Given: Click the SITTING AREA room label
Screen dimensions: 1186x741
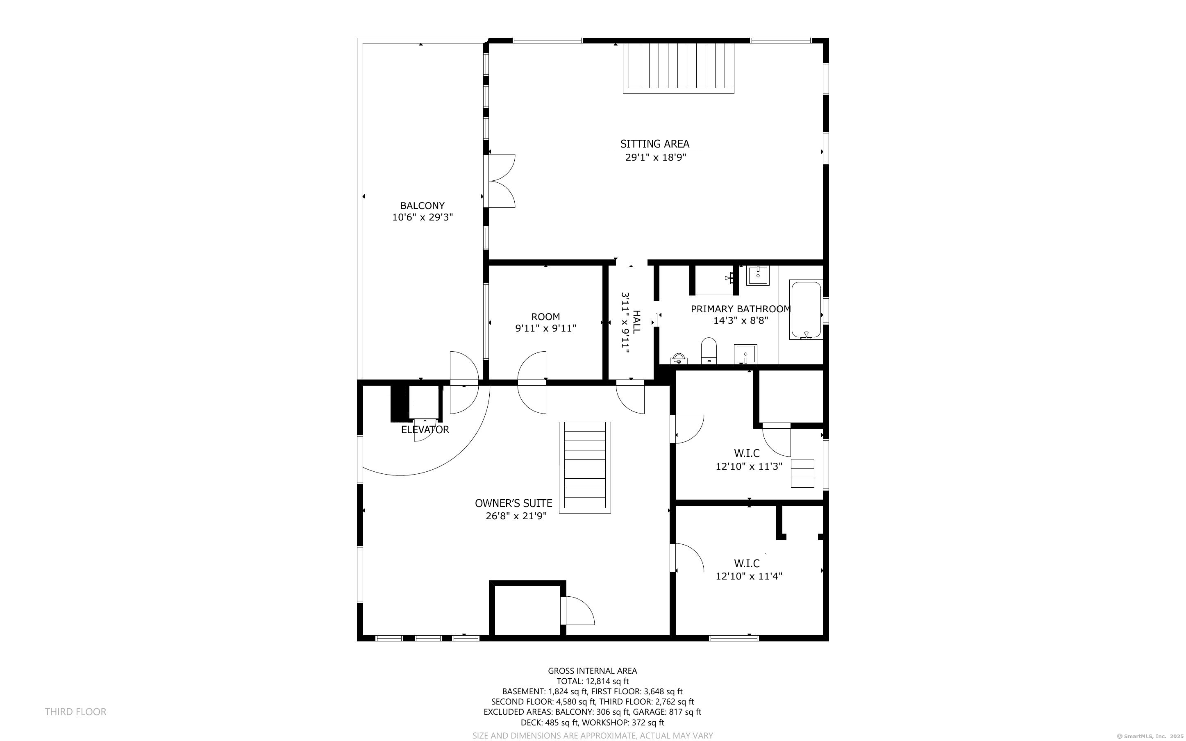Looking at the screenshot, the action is (654, 144).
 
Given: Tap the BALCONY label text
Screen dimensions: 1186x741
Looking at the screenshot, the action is (422, 206).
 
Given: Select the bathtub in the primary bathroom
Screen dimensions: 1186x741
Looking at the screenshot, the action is (806, 310).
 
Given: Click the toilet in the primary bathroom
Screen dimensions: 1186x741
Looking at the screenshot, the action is (709, 350).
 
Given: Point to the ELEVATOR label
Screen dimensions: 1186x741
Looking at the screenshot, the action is (425, 430).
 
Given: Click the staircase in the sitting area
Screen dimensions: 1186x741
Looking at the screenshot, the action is (679, 68).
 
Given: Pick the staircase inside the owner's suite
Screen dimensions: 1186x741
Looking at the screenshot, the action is (585, 468).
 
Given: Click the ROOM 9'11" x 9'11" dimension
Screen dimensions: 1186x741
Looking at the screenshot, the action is (545, 328).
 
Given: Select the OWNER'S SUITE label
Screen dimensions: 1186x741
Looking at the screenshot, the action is (513, 503).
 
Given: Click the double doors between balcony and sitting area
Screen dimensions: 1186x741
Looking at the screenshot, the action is (499, 181).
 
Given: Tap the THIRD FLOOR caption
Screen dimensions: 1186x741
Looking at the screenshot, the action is (75, 711).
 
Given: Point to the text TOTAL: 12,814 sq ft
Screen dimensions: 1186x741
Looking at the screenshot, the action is (592, 681).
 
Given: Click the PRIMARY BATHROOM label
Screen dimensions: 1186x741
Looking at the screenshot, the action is (740, 309).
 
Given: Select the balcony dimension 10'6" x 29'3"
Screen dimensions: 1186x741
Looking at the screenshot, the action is (422, 217).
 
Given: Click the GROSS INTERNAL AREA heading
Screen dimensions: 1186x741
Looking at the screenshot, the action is (592, 671).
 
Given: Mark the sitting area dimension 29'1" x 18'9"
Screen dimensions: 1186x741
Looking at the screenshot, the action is (655, 157).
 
